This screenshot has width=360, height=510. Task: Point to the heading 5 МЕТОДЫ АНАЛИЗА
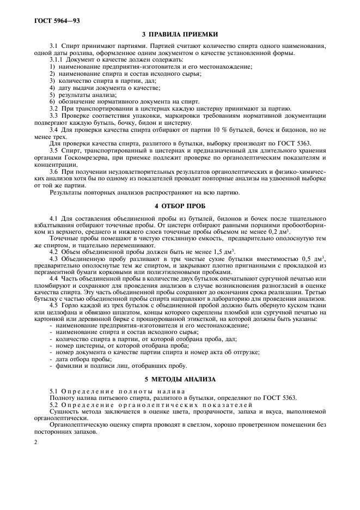click(x=180, y=378)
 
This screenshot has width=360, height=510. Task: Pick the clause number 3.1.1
click(x=57, y=59)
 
